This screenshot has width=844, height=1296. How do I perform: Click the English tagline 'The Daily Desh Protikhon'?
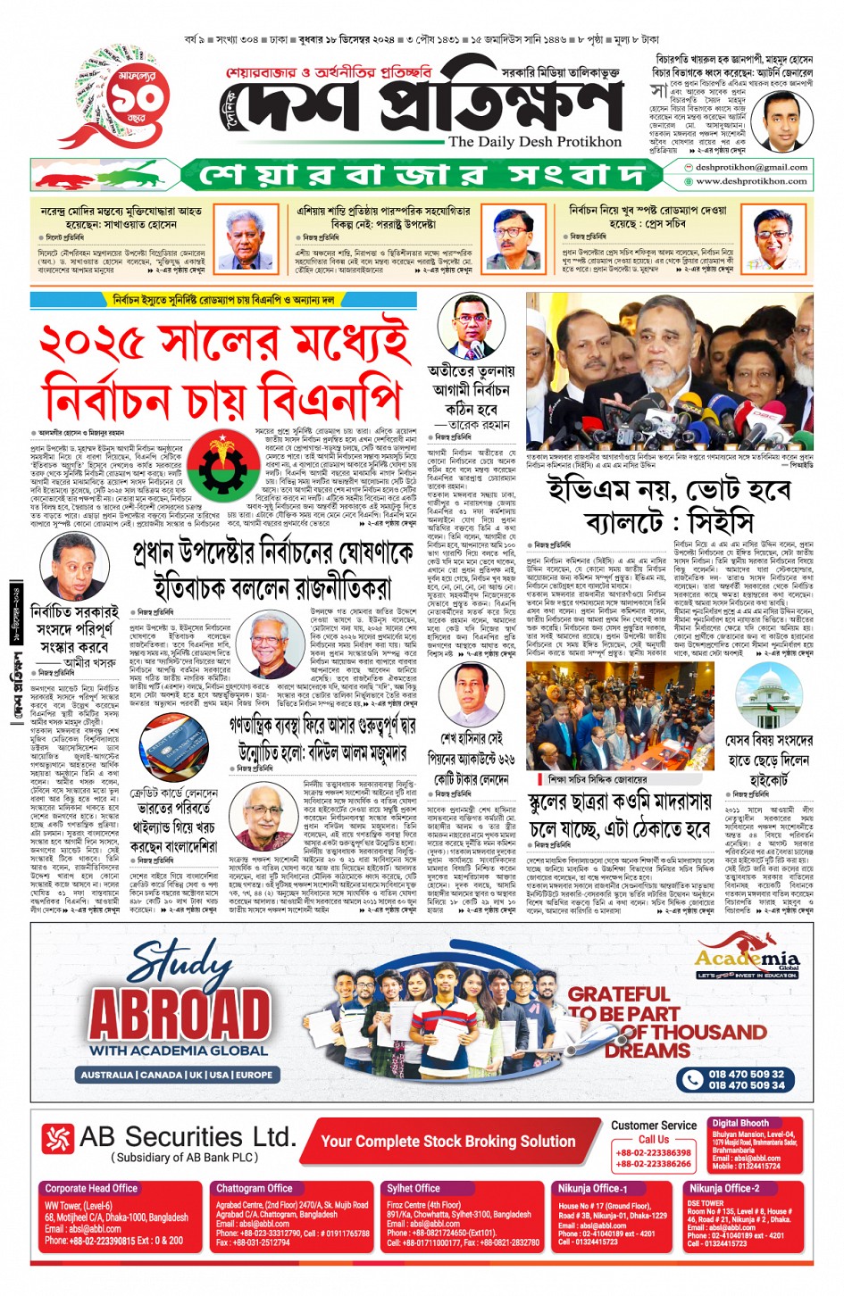coord(534,142)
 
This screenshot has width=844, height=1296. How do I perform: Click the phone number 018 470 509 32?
coord(746,1074)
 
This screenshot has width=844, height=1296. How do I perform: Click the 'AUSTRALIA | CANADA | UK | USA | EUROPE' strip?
coord(176,1075)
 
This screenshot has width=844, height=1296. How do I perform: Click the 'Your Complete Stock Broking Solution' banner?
coord(447,1141)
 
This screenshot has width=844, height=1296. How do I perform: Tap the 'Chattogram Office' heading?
coord(254,1188)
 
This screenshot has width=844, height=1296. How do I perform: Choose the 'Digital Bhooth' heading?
coord(740,1123)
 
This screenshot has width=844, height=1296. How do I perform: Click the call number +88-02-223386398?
coord(653,1152)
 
